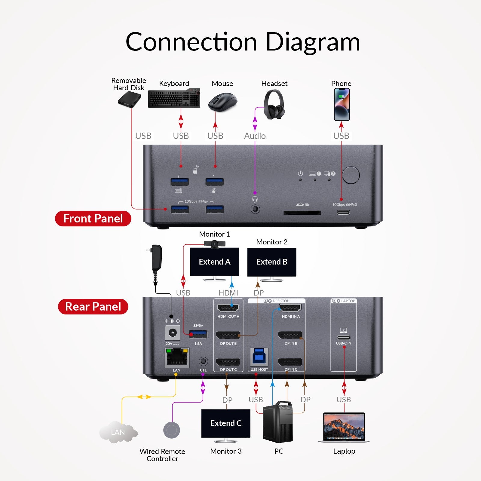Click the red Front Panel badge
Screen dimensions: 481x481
(93, 219)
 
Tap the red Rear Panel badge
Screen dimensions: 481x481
(93, 307)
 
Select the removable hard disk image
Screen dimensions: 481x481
(130, 100)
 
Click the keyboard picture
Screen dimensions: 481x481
(174, 98)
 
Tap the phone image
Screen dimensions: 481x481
(342, 104)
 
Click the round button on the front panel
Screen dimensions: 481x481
(351, 175)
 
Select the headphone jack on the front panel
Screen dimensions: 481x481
(255, 209)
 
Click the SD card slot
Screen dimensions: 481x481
(302, 213)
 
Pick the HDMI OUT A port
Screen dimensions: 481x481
(228, 308)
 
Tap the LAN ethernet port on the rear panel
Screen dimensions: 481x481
(177, 358)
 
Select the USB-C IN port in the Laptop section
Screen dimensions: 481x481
(343, 337)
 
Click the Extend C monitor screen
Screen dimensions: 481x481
(226, 423)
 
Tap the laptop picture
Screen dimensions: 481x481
(344, 427)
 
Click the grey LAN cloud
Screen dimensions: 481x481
(118, 432)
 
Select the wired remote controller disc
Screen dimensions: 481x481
(172, 430)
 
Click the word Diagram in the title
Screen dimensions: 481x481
(313, 42)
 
